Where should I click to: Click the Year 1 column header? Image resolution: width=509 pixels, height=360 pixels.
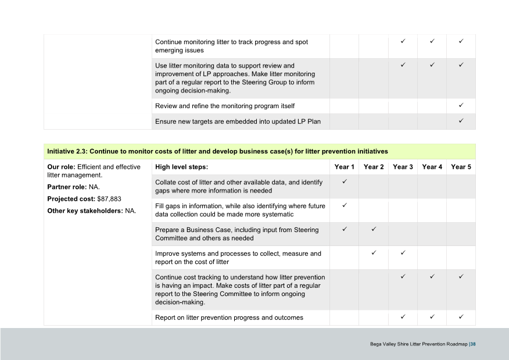tap(345, 167)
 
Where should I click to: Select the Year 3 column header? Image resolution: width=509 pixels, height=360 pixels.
tap(403, 167)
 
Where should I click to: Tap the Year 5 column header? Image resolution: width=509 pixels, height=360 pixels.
tap(461, 167)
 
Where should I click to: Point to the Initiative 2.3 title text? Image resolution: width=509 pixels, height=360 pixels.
tap(217, 151)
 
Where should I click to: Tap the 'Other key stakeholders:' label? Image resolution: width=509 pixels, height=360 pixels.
tap(85, 211)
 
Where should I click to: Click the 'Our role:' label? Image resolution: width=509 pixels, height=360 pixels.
tap(61, 167)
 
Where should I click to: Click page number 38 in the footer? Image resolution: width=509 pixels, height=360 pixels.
tap(473, 344)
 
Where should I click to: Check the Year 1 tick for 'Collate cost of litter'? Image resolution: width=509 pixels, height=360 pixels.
tap(345, 182)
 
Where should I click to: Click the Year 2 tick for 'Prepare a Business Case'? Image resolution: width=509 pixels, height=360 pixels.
tap(374, 229)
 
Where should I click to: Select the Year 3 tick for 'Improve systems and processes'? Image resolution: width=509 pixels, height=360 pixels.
tap(403, 253)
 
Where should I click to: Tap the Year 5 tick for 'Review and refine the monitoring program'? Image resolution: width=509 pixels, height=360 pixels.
tap(461, 105)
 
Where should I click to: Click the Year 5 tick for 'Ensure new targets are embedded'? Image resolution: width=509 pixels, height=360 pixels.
tap(461, 121)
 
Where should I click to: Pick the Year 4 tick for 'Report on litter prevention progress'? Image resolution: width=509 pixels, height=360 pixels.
tap(432, 317)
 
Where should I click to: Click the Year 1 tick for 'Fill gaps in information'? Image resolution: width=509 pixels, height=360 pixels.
tap(345, 205)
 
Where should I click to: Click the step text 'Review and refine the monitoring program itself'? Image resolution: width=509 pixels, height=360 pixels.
tap(225, 106)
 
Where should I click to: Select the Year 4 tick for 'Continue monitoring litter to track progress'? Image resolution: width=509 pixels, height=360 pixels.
tap(432, 42)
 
